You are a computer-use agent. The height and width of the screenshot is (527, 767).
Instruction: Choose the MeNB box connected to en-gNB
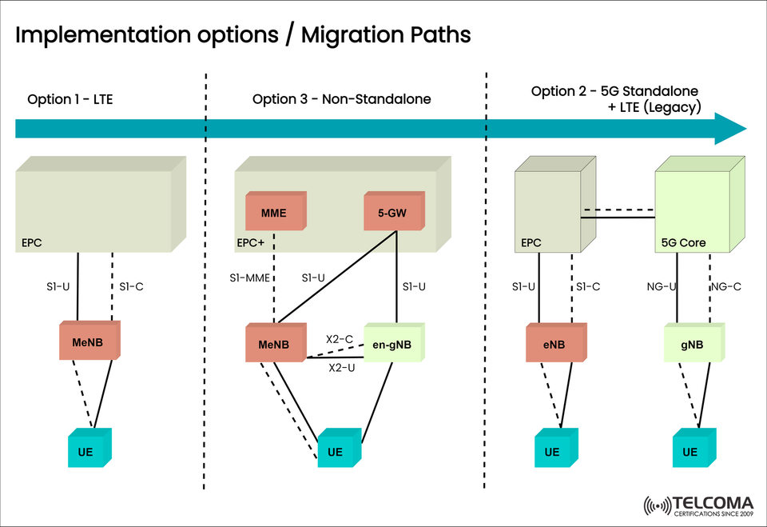(x=275, y=345)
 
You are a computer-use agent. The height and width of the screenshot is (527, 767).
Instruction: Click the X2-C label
(x=340, y=339)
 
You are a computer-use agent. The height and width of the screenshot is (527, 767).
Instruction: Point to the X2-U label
(x=342, y=368)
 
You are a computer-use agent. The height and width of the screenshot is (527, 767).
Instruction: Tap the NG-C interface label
(x=725, y=286)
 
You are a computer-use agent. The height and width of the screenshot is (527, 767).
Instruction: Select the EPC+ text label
(x=250, y=241)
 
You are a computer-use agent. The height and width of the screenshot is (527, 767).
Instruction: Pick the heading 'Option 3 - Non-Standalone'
(x=341, y=99)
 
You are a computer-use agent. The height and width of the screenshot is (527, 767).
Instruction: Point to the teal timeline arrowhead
(x=729, y=129)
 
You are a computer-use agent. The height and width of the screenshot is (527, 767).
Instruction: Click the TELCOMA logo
(x=698, y=506)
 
